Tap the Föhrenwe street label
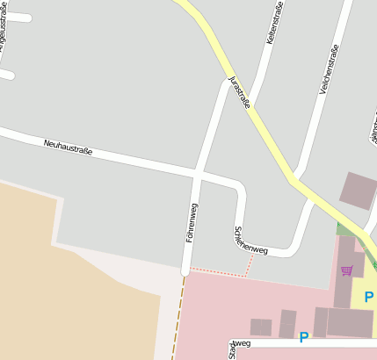[191, 222]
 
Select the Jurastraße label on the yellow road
[239, 91]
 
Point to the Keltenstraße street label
[275, 24]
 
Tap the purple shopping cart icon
[346, 270]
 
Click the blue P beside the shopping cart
[368, 297]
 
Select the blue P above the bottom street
[304, 336]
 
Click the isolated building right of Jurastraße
[358, 190]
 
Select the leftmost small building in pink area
[261, 327]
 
